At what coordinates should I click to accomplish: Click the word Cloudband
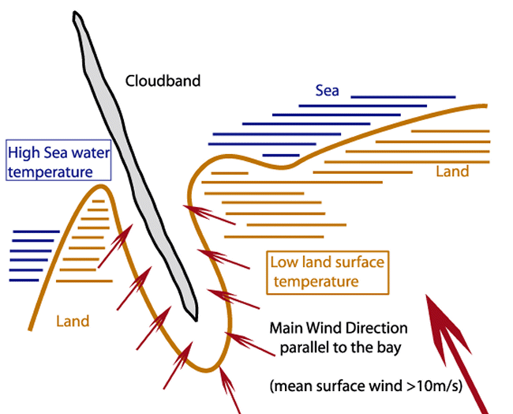tap(163, 81)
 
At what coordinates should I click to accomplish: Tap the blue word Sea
tap(327, 91)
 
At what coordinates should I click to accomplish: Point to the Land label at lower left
tap(73, 322)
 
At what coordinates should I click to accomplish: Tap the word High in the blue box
tap(24, 152)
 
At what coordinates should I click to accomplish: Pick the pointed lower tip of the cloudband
tap(194, 318)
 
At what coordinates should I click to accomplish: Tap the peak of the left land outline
tap(100, 186)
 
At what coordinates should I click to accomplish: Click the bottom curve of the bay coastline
tap(207, 368)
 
